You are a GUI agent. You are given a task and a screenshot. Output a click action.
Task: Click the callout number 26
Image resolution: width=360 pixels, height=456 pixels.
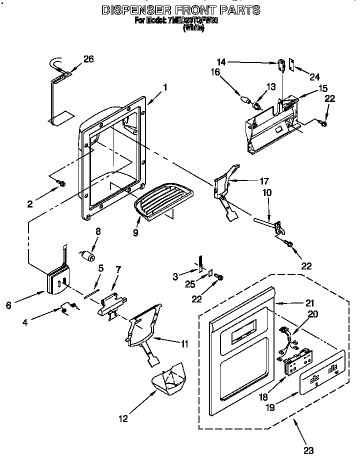pos(88,59)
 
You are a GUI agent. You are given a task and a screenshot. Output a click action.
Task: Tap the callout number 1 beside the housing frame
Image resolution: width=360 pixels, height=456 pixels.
pos(165,86)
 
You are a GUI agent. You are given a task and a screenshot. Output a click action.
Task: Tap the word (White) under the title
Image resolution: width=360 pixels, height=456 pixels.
pos(193,29)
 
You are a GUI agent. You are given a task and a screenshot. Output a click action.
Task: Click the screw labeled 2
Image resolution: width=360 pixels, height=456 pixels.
pos(62,184)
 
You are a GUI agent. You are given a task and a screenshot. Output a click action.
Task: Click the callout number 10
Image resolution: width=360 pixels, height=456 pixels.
pos(268,192)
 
